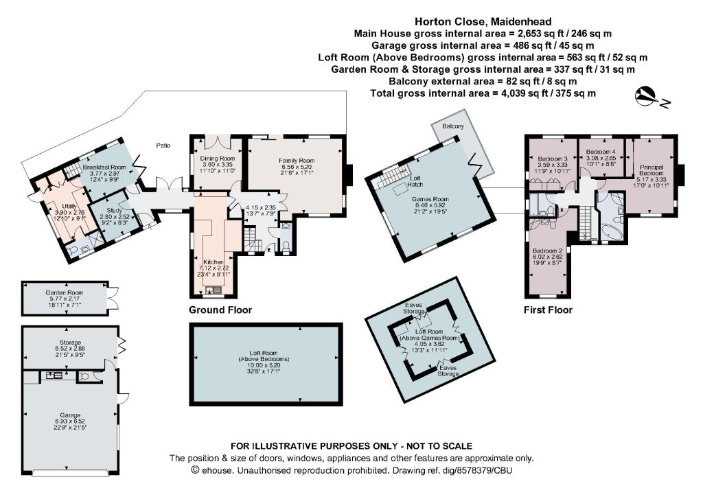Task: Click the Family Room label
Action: (x=297, y=161)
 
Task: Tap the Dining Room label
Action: (x=218, y=159)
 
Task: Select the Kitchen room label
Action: (x=214, y=262)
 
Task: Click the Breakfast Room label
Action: (x=104, y=167)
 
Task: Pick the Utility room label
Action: (x=69, y=207)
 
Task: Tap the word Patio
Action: (x=163, y=146)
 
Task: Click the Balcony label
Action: (x=453, y=126)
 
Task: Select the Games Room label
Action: (x=430, y=199)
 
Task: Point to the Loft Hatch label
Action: (x=415, y=181)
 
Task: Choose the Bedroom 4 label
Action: (x=601, y=152)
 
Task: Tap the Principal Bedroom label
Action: (x=652, y=170)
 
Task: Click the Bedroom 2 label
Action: (x=547, y=251)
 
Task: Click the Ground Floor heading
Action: (x=220, y=310)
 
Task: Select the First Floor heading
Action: (x=548, y=310)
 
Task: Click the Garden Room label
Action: (x=65, y=292)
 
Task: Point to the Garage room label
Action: (x=70, y=415)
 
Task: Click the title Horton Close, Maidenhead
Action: (x=483, y=21)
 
